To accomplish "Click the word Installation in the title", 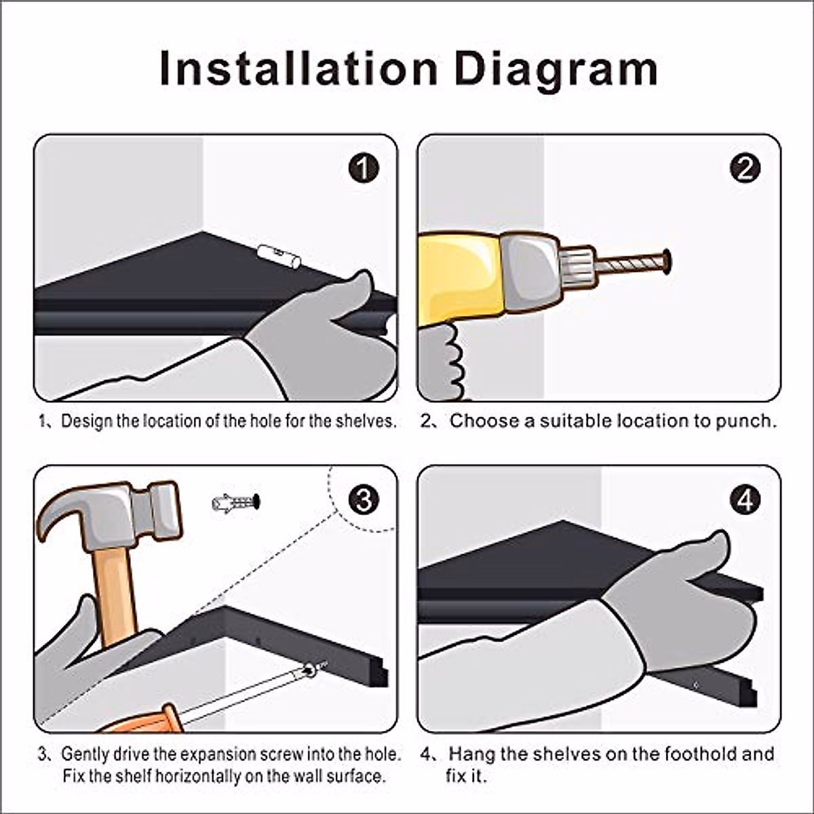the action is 298,69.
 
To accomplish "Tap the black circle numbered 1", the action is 364,168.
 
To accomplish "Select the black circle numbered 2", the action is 745,168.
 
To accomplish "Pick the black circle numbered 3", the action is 364,500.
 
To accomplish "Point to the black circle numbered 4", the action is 745,500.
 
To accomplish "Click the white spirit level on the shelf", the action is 279,256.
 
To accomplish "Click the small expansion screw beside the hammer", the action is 235,503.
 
